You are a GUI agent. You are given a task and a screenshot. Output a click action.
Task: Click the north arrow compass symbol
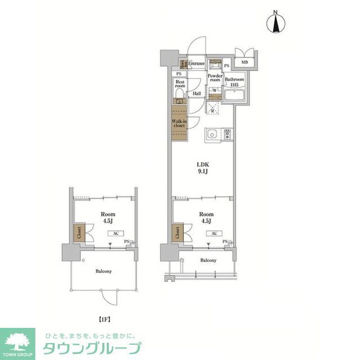click(x=276, y=23)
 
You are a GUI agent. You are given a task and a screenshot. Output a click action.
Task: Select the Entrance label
click(x=196, y=64)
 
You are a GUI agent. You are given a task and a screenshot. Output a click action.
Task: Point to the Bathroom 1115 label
click(x=234, y=82)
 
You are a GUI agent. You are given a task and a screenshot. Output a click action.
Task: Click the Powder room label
click(x=215, y=78)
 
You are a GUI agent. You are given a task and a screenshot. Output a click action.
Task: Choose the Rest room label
click(x=180, y=85)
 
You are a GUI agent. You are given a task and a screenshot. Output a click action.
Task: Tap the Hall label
click(x=197, y=94)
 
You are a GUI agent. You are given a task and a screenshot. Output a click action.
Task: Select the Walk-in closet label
click(x=179, y=123)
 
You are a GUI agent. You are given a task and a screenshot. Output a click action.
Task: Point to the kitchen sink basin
click(x=213, y=135)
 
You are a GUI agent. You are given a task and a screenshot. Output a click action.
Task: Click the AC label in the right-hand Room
click(x=214, y=233)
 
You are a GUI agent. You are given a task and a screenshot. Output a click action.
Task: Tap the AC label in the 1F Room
click(x=115, y=233)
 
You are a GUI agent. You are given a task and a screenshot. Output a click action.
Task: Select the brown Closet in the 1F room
click(x=78, y=232)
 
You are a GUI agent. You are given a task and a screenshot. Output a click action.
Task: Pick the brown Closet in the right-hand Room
click(x=178, y=232)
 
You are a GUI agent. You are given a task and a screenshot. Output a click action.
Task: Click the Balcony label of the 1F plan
click(x=103, y=271)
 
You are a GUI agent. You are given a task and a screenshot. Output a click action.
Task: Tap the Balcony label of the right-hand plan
click(x=208, y=260)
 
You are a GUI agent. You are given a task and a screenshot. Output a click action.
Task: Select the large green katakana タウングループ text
click(x=92, y=348)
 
